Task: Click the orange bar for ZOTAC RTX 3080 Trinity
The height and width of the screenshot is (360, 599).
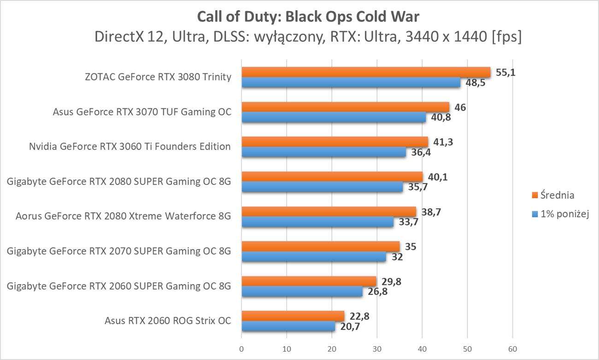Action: [x=366, y=72]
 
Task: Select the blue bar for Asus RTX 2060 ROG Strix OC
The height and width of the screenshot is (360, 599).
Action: [x=288, y=327]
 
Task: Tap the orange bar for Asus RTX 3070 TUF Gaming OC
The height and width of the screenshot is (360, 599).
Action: [x=345, y=107]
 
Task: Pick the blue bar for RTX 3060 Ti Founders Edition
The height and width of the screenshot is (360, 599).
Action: [x=323, y=152]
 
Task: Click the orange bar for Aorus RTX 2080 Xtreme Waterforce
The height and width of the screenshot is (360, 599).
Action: [x=329, y=212]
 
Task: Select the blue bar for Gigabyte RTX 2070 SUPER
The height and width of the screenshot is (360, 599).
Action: [x=313, y=257]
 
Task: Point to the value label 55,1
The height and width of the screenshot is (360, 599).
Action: [x=505, y=72]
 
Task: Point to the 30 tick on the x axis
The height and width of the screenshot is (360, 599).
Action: [x=377, y=348]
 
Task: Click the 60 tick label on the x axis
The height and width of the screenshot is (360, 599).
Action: [x=512, y=348]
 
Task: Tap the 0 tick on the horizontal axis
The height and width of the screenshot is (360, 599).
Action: [x=241, y=348]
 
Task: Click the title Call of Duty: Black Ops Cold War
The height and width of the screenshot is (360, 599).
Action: [x=308, y=16]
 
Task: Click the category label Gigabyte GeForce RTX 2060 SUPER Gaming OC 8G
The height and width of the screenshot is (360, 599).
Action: [x=119, y=286]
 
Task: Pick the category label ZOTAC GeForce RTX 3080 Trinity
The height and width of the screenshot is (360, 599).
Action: [x=158, y=77]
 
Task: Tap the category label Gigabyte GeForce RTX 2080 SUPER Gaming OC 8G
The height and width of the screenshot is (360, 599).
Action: [x=119, y=182]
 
